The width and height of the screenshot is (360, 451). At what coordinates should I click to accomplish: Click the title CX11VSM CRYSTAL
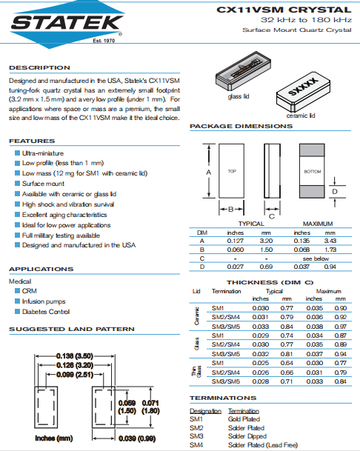coord(284,10)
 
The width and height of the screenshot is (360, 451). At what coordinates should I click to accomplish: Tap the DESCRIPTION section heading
coord(39,68)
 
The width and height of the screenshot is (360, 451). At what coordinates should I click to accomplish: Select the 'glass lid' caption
coord(239,96)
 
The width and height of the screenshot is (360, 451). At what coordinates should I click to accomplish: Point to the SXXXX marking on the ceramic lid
coord(303,87)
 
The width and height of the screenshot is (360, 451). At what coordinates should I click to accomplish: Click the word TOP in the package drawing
coord(232,171)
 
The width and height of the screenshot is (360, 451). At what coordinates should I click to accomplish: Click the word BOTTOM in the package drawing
coord(313,172)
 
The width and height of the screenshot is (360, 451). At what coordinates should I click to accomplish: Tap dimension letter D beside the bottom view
coord(335,192)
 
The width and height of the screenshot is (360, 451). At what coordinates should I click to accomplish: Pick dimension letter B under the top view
coord(231,210)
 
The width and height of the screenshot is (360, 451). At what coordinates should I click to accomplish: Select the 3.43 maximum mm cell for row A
coord(330,241)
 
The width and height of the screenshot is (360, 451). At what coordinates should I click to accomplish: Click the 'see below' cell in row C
coord(316,258)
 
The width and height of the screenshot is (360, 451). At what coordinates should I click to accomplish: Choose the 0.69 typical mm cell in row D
coord(266,267)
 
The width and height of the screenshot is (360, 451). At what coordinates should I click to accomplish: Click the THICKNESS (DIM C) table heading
coord(270,282)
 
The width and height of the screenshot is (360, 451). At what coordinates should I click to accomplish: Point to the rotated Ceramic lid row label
coord(196,316)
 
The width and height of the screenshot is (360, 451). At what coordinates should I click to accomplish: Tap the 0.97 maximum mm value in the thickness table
coord(341,327)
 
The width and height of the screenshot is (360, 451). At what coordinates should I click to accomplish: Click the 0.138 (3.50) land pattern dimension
coord(75,356)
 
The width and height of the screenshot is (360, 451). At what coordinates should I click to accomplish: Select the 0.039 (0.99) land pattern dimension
coord(137,438)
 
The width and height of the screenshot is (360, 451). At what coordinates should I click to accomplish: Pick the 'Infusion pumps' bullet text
coord(44,301)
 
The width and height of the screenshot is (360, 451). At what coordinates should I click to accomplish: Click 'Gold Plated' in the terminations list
coord(244,419)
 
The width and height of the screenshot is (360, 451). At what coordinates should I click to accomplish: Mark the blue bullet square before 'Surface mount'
coord(18,184)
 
